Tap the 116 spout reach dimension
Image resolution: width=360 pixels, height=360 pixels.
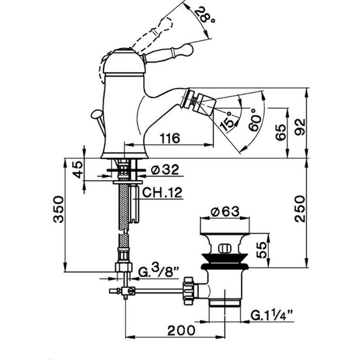170,138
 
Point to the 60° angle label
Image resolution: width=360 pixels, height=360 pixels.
255,120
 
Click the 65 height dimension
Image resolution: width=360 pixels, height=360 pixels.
281,132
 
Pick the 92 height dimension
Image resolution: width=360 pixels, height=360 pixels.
300,127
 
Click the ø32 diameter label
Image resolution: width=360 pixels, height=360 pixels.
165,170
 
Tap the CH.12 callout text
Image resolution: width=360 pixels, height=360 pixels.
162,193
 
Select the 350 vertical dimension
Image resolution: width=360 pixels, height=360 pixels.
58,209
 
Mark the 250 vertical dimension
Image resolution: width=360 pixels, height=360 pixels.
300,209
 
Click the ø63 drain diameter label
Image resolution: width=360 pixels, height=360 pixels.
225,211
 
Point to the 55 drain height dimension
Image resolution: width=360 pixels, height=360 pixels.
261,250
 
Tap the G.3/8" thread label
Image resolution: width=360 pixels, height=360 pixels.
158,271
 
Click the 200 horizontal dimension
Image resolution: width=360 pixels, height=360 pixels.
181,330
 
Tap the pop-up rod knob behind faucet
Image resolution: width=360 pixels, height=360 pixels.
96,114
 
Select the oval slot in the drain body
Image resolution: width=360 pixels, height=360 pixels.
225,248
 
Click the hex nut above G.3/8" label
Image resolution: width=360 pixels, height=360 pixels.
124,267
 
